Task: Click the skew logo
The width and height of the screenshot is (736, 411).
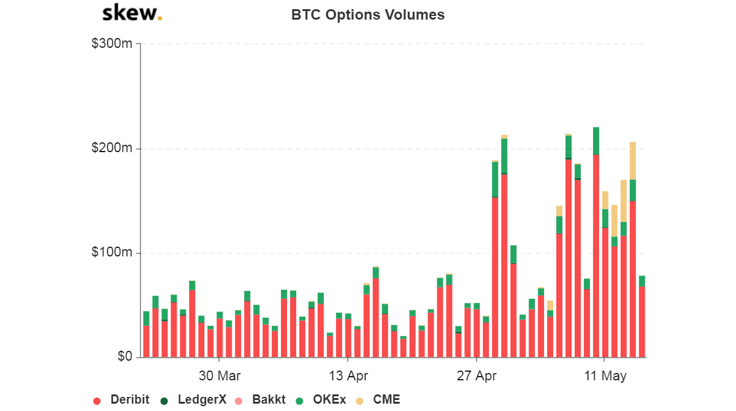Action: pos(131,13)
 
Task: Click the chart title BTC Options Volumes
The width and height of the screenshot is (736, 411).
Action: pos(368,15)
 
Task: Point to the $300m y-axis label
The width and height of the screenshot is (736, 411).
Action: pos(112,44)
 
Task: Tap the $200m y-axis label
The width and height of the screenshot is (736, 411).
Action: pos(112,148)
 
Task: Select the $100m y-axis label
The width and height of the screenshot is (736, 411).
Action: pos(112,253)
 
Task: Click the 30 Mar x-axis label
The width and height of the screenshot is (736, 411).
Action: pos(220,376)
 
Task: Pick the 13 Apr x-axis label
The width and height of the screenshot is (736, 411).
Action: pos(348,376)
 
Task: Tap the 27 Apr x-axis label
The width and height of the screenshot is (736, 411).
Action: pos(477,376)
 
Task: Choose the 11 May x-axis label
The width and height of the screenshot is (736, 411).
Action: pos(605,376)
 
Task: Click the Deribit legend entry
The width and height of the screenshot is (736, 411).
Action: pos(123,400)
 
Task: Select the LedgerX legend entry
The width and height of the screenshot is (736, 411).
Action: pos(194,400)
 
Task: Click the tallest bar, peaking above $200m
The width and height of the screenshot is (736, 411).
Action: pos(596,245)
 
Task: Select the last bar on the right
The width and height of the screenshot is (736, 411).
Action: pos(642,319)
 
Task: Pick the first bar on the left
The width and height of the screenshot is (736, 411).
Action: pos(146,337)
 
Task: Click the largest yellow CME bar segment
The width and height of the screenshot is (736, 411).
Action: pos(632,161)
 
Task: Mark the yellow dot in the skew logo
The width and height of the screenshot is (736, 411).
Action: pos(160,18)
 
